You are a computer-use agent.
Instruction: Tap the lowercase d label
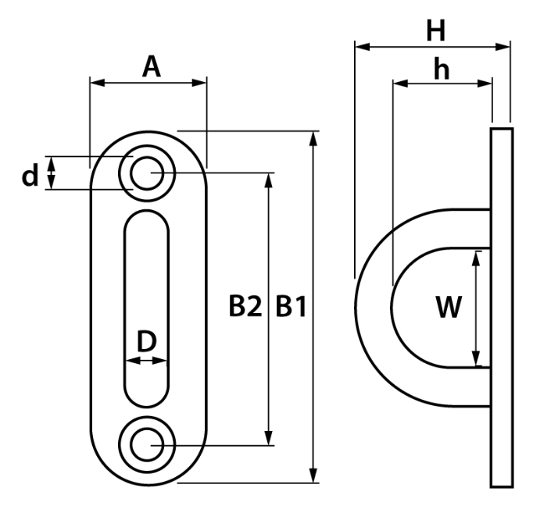click(x=30, y=176)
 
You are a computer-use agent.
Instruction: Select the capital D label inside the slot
click(x=147, y=341)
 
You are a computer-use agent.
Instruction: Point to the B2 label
click(x=244, y=307)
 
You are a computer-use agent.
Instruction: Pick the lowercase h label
click(x=442, y=69)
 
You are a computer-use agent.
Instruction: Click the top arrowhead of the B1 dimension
click(x=314, y=138)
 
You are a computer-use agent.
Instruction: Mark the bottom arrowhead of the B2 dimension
click(x=270, y=438)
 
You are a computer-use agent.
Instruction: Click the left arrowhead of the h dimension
click(x=398, y=82)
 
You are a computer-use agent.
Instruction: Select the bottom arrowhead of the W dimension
click(x=477, y=360)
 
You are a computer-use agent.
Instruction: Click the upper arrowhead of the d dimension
click(x=52, y=161)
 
